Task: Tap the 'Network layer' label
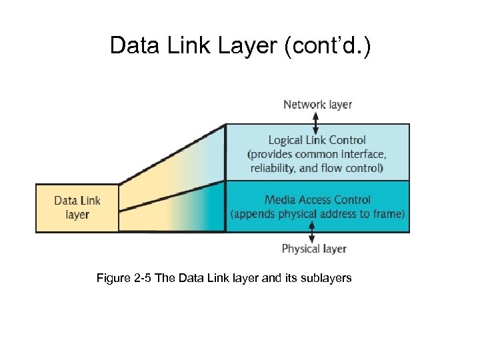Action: coord(317,104)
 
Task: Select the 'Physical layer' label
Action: coord(314,249)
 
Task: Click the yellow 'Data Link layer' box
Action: coord(77,207)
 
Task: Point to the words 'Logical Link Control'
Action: coord(317,140)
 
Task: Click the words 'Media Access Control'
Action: coord(317,199)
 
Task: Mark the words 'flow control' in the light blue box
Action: coord(353,168)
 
